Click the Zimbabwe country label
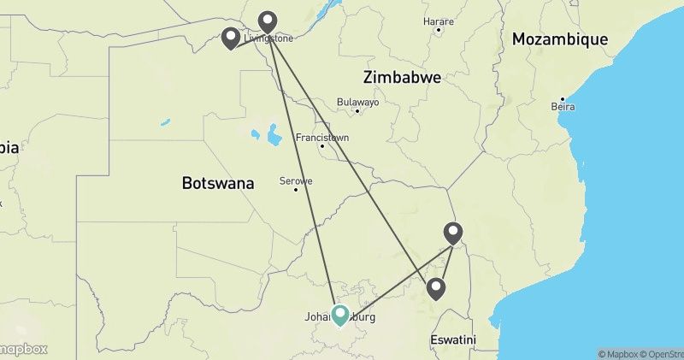(402, 77)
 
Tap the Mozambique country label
(560, 39)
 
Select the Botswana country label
(218, 183)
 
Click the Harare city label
(438, 19)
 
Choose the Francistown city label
(321, 137)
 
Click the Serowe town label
(296, 180)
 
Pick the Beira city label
(563, 107)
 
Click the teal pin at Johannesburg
(340, 316)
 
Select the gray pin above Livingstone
(268, 21)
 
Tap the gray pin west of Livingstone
(231, 38)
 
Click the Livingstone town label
(268, 38)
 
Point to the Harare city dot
(438, 30)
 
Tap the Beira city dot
(563, 97)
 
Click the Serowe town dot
(296, 190)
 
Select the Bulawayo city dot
(357, 110)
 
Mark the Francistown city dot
(321, 146)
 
